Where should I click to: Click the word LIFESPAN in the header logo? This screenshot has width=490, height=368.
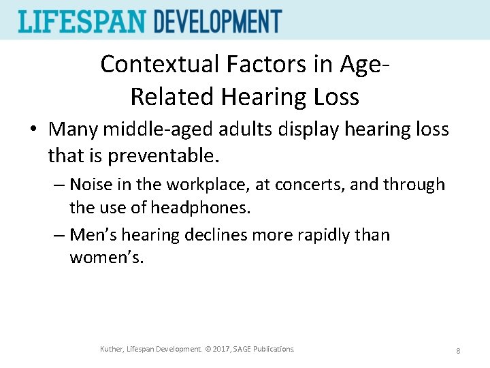click(82, 21)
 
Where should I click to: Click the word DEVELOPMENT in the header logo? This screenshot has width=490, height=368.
click(218, 21)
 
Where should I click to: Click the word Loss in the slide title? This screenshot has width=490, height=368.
click(333, 97)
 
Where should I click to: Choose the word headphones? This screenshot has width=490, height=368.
click(201, 207)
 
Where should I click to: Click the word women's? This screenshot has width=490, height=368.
click(107, 258)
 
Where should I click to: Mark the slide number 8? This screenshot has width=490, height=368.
click(458, 350)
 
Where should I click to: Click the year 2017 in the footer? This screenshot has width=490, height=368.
click(219, 350)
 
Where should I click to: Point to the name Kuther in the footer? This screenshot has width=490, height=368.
click(112, 350)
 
